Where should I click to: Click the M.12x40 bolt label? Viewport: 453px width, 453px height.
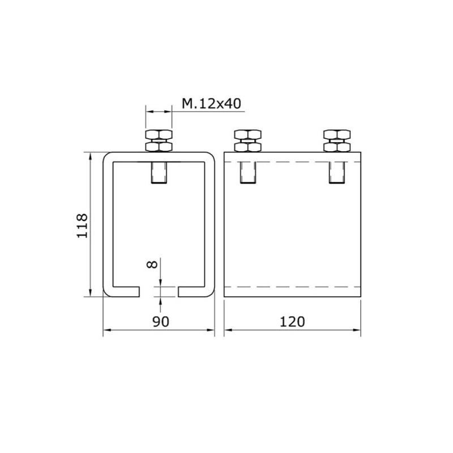pyautogui.click(x=210, y=104)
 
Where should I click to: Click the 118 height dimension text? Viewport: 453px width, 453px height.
pyautogui.click(x=82, y=225)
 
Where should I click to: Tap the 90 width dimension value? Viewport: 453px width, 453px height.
pyautogui.click(x=161, y=322)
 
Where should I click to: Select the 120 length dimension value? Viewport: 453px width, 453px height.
pyautogui.click(x=292, y=322)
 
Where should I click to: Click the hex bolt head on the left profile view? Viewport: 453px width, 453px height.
pyautogui.click(x=159, y=140)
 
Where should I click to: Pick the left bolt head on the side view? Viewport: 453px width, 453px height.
pyautogui.click(x=248, y=140)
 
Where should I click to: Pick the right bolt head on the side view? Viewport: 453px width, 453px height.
pyautogui.click(x=338, y=140)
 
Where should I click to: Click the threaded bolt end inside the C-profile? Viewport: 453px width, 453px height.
pyautogui.click(x=159, y=173)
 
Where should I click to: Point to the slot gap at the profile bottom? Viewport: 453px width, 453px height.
pyautogui.click(x=159, y=292)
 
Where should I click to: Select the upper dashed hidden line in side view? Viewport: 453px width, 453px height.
pyautogui.click(x=292, y=163)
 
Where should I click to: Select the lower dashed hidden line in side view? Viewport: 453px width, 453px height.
pyautogui.click(x=292, y=287)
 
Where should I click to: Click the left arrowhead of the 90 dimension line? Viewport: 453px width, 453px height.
pyautogui.click(x=106, y=331)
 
